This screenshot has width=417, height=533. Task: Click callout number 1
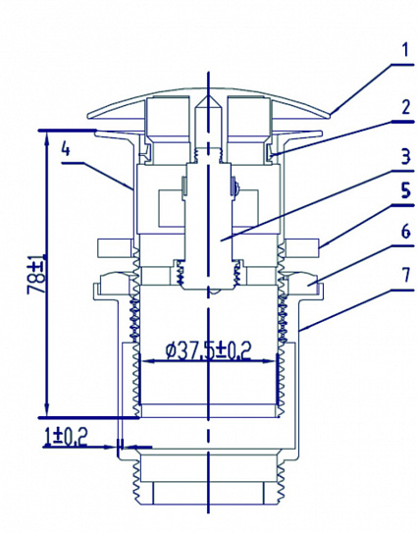coord(401,46)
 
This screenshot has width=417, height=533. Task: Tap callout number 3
coord(401,157)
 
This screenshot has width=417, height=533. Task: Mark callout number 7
coord(401,295)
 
